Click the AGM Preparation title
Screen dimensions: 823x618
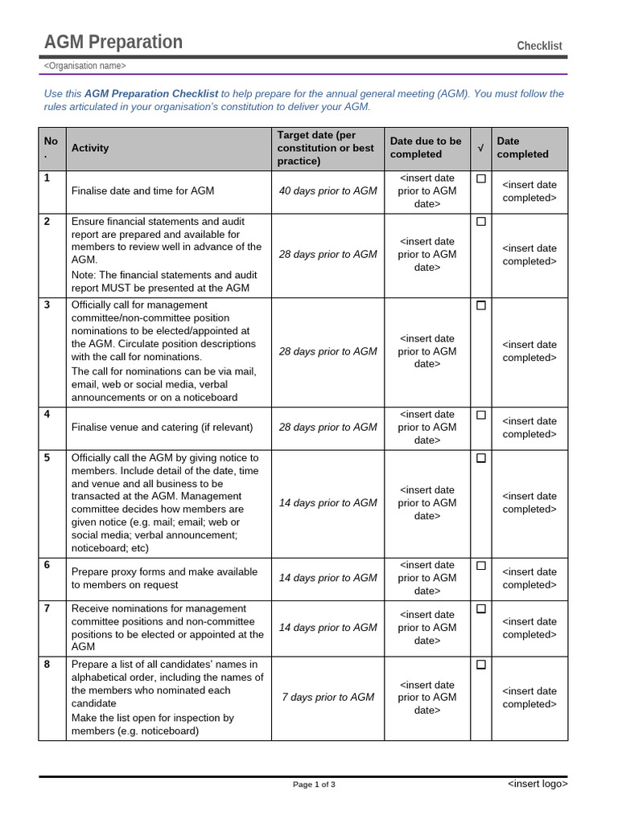[113, 43]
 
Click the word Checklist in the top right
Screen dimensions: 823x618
[539, 46]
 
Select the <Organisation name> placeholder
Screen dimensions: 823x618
[84, 66]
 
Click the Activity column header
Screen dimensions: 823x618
[90, 148]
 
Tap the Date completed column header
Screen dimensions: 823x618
[522, 148]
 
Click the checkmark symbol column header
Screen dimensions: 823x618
[481, 148]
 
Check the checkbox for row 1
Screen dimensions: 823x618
[481, 178]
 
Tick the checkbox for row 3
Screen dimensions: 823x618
[481, 305]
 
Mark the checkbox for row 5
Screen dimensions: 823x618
[481, 458]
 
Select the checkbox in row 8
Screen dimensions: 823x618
[481, 665]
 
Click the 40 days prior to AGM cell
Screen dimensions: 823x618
[328, 191]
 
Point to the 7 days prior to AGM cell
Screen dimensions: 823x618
[328, 698]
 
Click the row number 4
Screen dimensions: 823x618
[47, 415]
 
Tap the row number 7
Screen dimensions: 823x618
[47, 608]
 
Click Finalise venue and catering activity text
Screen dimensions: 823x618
[162, 428]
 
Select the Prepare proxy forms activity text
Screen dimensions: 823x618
[164, 579]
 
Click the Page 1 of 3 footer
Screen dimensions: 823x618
[314, 784]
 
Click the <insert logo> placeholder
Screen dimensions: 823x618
[538, 784]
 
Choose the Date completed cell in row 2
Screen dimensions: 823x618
[529, 255]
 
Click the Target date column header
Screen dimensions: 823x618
[326, 148]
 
